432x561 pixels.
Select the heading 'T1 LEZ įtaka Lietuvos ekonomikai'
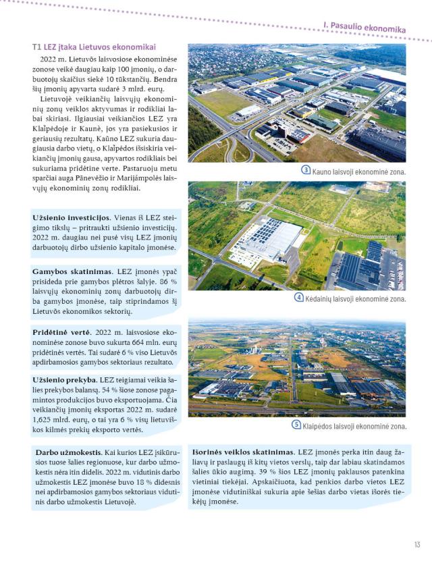coord(94,47)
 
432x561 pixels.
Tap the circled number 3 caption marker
coord(306,171)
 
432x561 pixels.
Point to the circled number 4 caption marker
coord(300,298)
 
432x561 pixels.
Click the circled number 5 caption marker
coord(296,425)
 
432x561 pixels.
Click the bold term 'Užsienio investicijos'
coord(71,217)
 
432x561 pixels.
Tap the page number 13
coord(418,545)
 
